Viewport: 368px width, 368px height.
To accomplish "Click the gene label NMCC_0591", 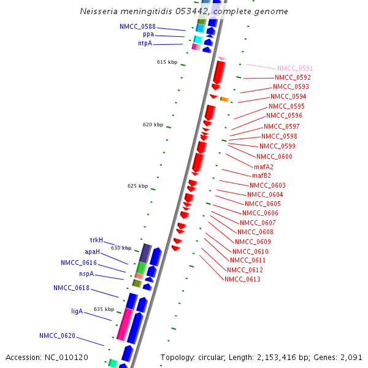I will point(295,68).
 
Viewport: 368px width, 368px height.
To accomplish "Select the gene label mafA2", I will point(264,167).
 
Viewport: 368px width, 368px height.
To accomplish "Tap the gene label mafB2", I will point(261,176).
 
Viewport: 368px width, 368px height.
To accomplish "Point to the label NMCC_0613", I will point(242,280).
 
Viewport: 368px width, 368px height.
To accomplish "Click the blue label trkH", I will point(96,240).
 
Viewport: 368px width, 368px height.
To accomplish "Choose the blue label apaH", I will point(92,251).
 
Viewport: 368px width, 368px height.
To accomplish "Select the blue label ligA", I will point(77,311).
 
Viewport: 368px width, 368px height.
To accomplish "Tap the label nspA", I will point(86,274).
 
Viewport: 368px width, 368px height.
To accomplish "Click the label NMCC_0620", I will point(58,335).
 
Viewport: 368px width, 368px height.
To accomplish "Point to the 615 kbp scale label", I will point(167,63).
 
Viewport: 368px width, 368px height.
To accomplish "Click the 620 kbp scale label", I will point(153,125).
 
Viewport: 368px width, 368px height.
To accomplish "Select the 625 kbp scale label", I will point(138,186).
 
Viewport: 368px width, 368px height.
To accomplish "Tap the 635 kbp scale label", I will point(104,309).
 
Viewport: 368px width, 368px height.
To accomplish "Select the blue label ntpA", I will point(145,44).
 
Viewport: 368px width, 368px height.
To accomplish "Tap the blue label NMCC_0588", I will point(137,26).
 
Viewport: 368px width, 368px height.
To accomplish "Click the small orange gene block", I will point(224,99).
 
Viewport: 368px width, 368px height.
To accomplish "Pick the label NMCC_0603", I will point(267,185).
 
